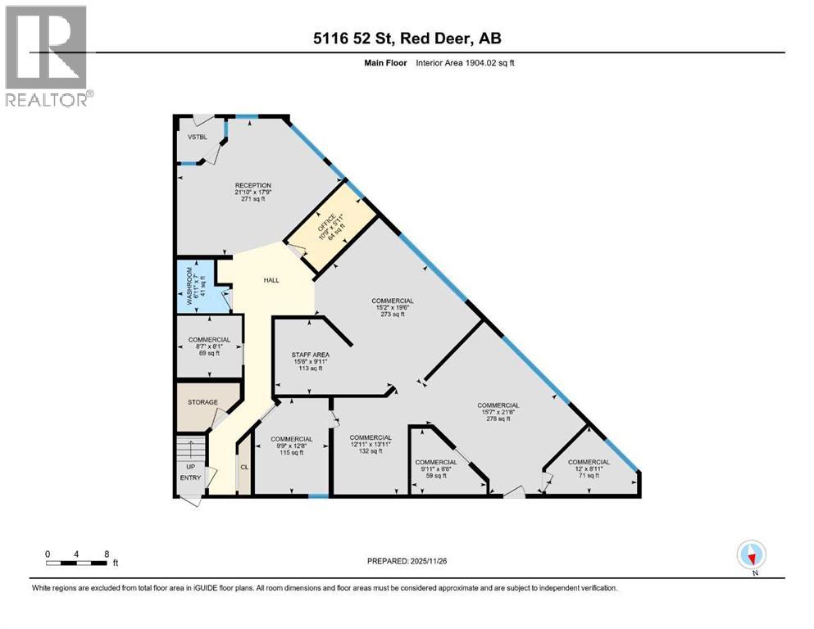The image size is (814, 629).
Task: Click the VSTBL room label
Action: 195,138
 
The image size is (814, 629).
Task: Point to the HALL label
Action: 271,280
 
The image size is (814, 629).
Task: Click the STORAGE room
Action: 202,402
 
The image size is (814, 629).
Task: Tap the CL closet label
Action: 243,467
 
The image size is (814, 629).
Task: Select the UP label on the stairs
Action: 190,467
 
